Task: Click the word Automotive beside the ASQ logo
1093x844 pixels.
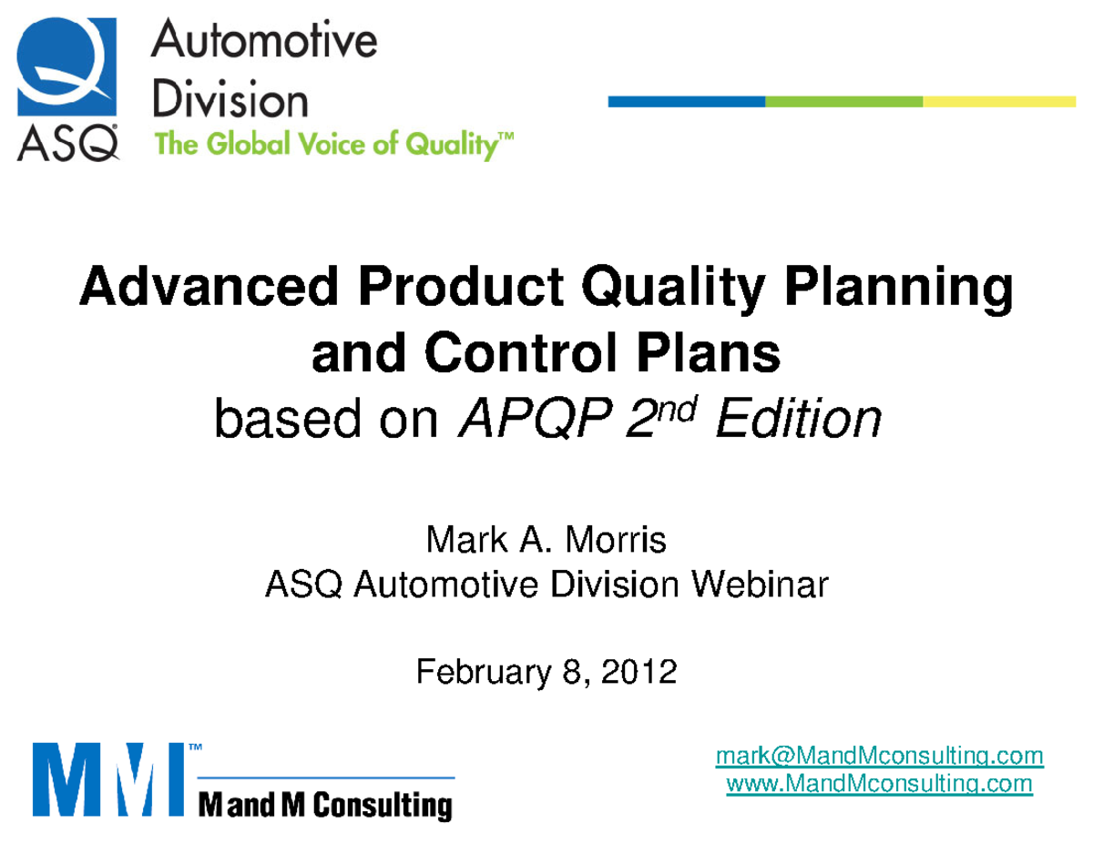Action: (264, 44)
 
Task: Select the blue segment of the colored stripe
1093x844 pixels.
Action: (686, 101)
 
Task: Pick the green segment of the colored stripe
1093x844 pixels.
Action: (843, 101)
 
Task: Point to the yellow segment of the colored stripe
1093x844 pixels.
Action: (1001, 101)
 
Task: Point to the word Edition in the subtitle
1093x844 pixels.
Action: (799, 420)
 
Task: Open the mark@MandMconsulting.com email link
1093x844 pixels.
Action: (879, 757)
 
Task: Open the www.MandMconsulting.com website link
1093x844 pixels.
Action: (879, 783)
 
